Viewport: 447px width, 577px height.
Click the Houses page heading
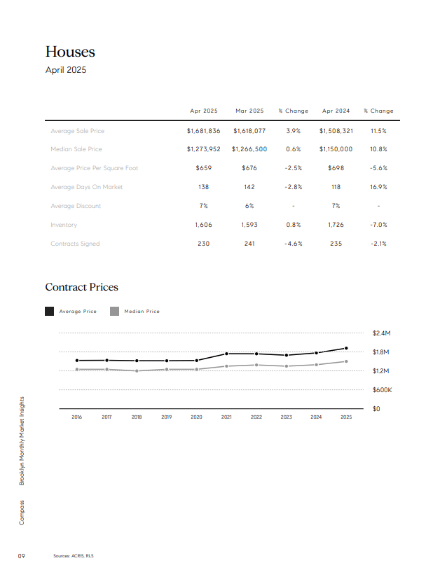click(70, 52)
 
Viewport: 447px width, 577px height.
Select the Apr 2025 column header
click(204, 111)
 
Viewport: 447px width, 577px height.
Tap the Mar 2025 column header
click(249, 111)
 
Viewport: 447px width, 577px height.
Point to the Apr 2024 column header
click(336, 111)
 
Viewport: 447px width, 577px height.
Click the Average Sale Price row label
click(78, 131)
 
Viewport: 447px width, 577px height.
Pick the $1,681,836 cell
click(204, 131)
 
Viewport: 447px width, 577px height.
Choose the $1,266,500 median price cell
click(249, 149)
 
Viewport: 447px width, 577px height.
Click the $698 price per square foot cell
click(336, 168)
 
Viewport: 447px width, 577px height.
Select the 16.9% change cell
click(378, 187)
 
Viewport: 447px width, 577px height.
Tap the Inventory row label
click(64, 225)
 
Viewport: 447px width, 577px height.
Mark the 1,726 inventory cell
click(336, 225)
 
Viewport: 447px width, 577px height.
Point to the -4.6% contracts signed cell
click(293, 244)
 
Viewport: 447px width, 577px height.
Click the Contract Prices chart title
click(81, 287)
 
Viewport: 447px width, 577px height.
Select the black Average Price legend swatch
click(49, 311)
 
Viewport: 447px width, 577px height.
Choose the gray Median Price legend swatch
click(114, 311)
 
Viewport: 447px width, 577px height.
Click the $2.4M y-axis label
click(381, 333)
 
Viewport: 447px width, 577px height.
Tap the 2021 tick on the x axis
click(226, 417)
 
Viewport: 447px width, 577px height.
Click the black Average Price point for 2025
click(346, 348)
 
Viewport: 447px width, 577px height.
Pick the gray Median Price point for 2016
click(77, 369)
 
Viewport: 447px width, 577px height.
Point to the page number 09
click(22, 556)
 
